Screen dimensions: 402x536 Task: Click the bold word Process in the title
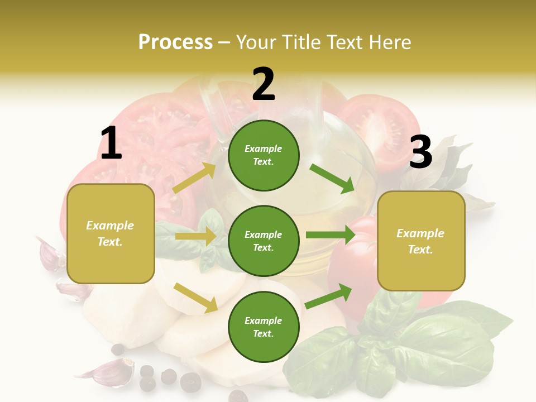pyautogui.click(x=175, y=42)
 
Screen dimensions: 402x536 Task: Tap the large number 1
pyautogui.click(x=111, y=143)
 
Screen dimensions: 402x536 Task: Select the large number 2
pyautogui.click(x=264, y=84)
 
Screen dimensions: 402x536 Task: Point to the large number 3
pyautogui.click(x=420, y=152)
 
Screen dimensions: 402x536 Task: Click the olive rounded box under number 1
pyautogui.click(x=111, y=233)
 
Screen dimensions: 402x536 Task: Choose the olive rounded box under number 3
pyautogui.click(x=421, y=241)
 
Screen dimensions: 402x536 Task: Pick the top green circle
pyautogui.click(x=264, y=155)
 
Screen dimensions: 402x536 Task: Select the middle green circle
pyautogui.click(x=264, y=241)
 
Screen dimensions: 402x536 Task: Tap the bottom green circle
pyautogui.click(x=264, y=327)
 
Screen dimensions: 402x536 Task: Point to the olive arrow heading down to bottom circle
pyautogui.click(x=195, y=297)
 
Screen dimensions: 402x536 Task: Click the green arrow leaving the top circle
pyautogui.click(x=332, y=178)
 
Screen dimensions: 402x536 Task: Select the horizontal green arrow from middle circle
pyautogui.click(x=330, y=234)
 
